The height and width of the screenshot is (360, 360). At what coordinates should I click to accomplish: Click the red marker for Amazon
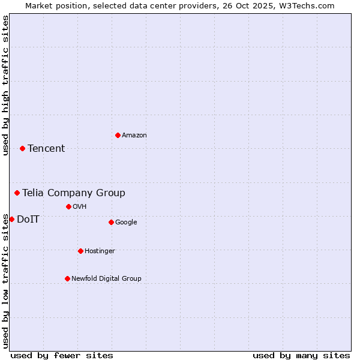point(118,135)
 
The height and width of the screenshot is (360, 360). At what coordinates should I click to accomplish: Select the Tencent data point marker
point(22,148)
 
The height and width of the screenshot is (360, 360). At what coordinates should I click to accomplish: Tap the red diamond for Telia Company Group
point(17,193)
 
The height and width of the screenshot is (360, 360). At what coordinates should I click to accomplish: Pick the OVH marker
point(68,206)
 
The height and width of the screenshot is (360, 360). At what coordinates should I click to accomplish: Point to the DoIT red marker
point(11,219)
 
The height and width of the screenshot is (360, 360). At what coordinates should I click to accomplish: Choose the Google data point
point(111,222)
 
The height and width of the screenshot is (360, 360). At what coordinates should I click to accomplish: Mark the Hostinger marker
point(80,251)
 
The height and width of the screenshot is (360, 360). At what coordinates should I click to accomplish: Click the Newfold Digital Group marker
point(67,278)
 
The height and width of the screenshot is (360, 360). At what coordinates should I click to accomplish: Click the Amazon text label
point(134,136)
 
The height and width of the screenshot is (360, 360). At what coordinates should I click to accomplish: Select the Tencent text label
point(46,149)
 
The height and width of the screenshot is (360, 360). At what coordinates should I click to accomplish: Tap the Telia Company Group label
point(74,193)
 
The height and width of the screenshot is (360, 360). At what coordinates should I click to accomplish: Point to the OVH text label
point(80,207)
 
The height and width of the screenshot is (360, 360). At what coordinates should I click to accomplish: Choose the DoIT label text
point(28,220)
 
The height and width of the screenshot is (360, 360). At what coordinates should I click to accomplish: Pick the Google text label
point(126,223)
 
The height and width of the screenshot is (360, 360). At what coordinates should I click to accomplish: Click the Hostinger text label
point(100,251)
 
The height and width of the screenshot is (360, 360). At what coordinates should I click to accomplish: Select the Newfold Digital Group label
point(106,279)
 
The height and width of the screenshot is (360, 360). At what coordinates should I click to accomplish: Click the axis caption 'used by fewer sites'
point(62,355)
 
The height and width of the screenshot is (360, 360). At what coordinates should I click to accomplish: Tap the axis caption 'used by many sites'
point(301,355)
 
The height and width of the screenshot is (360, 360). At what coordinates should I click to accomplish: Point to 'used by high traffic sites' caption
point(5,85)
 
